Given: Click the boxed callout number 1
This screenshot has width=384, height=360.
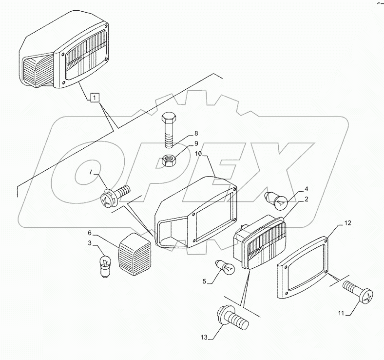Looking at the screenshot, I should pos(94,98).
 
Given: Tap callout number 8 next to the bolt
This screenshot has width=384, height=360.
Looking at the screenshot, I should pos(182,133).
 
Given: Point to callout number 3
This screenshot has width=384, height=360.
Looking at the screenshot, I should pos(90,242).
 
